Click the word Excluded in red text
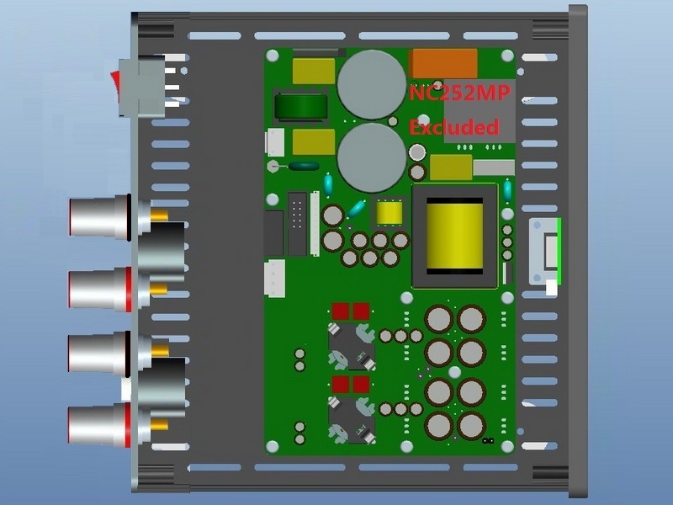pos(454,127)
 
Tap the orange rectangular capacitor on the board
pos(442,63)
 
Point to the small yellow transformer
pos(389,214)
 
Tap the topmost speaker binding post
pos(97,217)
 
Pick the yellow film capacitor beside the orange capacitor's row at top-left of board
pos(313,69)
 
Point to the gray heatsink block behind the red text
pos(476,122)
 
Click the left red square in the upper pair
pos(342,311)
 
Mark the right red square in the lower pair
pos(361,385)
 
